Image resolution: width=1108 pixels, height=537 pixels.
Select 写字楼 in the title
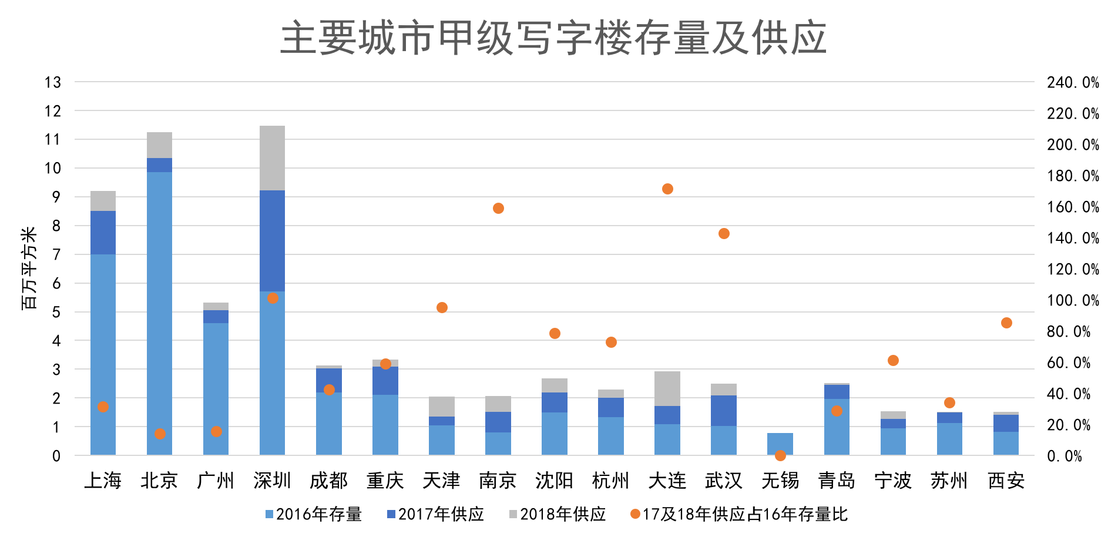point(573,38)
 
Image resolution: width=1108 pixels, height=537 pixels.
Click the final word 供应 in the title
point(788,38)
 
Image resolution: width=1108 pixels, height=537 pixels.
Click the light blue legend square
point(269,514)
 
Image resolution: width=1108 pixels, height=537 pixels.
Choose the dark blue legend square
point(391,514)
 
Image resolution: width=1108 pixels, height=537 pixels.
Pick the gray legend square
point(513,514)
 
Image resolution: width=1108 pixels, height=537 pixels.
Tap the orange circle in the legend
point(635,514)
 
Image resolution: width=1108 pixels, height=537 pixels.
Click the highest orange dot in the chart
point(667,189)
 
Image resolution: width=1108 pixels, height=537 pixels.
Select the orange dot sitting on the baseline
point(780,455)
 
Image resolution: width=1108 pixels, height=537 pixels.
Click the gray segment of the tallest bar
point(272,157)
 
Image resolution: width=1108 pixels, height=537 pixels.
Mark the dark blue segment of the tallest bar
point(272,241)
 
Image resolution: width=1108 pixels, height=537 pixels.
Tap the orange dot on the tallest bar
point(273,298)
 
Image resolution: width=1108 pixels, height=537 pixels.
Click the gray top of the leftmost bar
point(103,201)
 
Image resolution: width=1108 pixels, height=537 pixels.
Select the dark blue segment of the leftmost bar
point(103,233)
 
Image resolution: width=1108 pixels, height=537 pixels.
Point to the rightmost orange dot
point(1006,323)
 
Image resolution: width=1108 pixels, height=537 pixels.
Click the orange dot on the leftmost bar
point(103,407)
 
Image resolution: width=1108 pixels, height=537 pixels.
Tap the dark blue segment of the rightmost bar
point(1006,423)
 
